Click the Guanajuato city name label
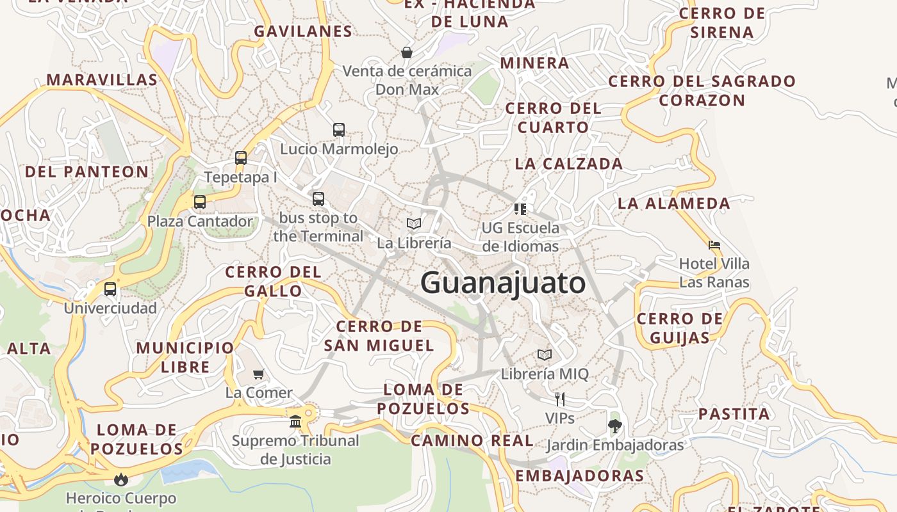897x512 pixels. (503, 283)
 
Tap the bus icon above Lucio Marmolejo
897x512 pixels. (339, 130)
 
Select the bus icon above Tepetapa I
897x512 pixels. (241, 158)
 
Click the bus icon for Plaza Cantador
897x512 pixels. (200, 202)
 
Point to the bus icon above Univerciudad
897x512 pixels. (110, 289)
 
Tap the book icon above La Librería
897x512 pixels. (414, 223)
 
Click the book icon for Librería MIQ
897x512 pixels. (545, 355)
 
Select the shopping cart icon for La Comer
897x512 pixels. (259, 374)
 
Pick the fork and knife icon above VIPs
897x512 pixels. (560, 399)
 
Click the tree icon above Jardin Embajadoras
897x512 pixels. (615, 426)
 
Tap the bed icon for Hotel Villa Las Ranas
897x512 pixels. (714, 244)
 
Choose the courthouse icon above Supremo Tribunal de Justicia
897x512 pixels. (295, 422)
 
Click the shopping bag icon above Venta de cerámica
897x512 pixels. (406, 52)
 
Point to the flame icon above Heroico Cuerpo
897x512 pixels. (121, 479)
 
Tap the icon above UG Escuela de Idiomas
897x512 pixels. (520, 209)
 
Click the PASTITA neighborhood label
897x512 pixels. (734, 414)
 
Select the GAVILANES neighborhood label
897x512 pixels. (303, 31)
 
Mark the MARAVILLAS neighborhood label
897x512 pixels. (102, 80)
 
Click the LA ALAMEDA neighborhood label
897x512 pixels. (674, 204)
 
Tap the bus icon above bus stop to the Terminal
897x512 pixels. (318, 199)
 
